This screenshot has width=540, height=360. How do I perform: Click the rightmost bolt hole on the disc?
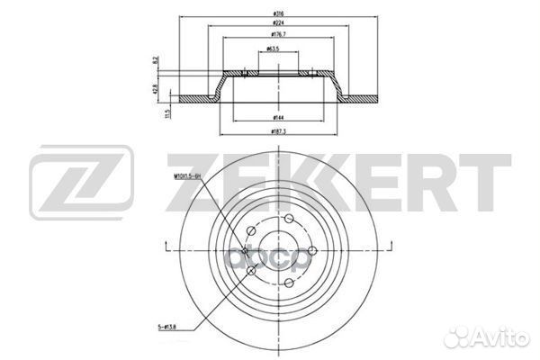pos(311,251)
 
